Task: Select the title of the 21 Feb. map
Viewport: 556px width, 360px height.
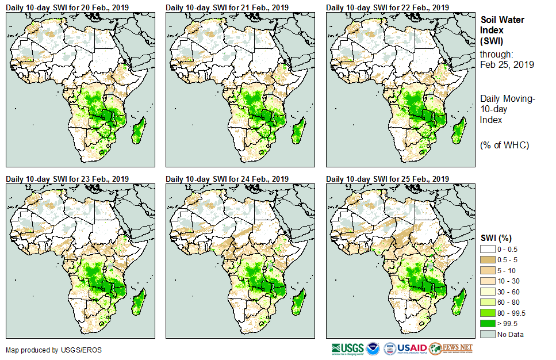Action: (x=227, y=7)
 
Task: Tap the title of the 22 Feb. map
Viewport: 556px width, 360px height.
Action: (x=387, y=7)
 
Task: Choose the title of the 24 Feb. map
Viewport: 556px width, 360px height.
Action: (x=227, y=179)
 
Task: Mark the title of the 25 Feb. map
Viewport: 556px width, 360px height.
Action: (x=387, y=179)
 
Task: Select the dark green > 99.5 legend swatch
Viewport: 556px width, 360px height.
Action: (x=488, y=324)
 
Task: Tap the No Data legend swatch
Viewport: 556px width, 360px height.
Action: (x=488, y=334)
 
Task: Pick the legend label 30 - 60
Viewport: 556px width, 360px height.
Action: (x=509, y=292)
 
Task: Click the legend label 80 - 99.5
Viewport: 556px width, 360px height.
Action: (x=512, y=313)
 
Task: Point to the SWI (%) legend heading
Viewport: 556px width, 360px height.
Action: (x=496, y=238)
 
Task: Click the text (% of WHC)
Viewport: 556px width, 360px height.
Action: (x=504, y=145)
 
